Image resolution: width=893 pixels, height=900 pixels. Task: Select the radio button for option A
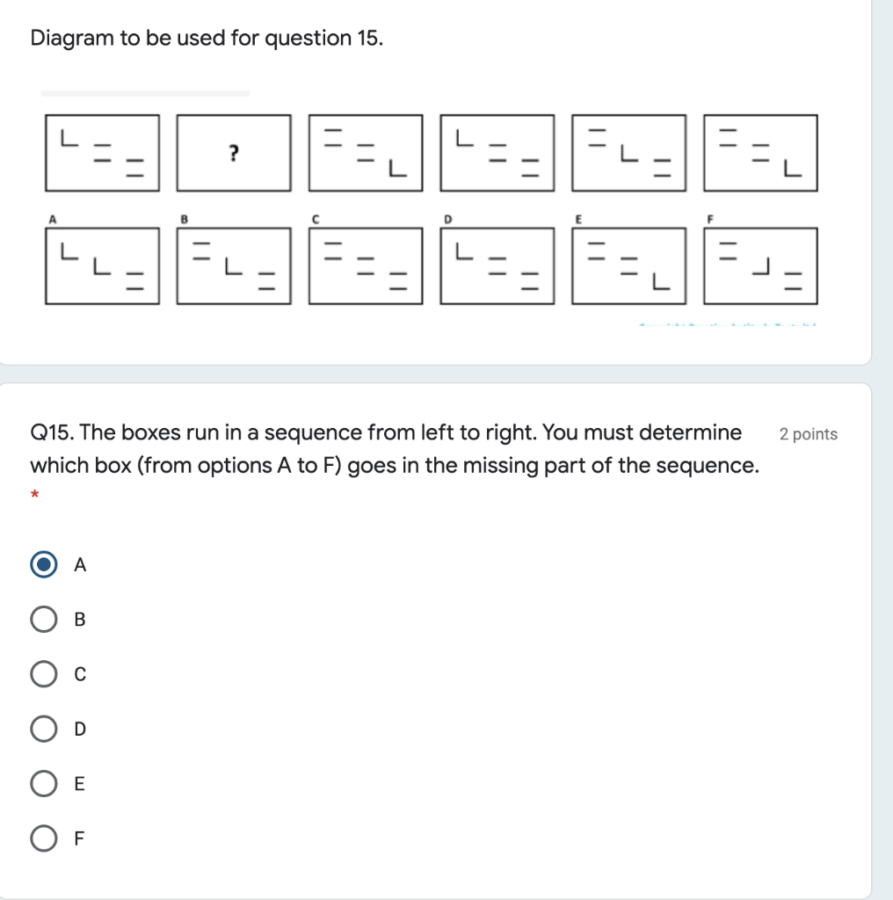tap(43, 565)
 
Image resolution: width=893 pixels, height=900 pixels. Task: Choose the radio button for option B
tap(43, 620)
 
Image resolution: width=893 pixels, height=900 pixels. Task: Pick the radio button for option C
tap(43, 674)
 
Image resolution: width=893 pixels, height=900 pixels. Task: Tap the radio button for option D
tap(43, 729)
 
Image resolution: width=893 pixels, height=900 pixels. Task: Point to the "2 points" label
tap(809, 434)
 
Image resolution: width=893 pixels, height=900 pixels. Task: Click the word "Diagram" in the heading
tap(72, 39)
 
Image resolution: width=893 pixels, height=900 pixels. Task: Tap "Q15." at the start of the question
tap(52, 433)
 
